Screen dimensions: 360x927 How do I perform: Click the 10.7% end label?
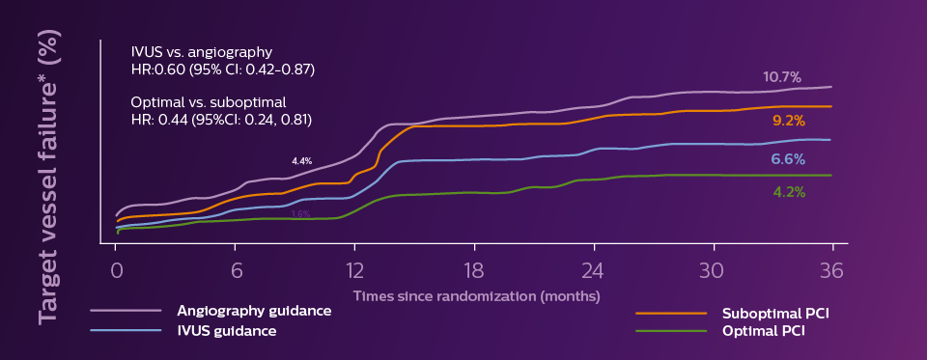point(781,77)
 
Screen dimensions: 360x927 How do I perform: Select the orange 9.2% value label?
point(789,122)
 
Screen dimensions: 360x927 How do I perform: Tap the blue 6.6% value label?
point(788,159)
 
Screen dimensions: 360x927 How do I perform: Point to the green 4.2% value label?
point(789,192)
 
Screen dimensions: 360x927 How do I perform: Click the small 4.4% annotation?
point(301,161)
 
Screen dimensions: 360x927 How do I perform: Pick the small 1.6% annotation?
point(300,213)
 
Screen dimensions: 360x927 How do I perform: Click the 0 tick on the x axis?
point(115,270)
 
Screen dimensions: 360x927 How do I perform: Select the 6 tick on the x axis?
point(235,270)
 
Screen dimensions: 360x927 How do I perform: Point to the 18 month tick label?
point(473,270)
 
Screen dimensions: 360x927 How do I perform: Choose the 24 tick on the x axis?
point(593,270)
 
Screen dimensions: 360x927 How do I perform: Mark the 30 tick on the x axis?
point(712,270)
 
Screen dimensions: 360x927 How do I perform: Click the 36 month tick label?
point(831,270)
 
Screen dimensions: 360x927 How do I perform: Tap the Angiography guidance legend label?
point(254,311)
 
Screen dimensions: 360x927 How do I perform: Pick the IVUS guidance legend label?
point(226,331)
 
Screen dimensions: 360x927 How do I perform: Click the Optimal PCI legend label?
point(763,331)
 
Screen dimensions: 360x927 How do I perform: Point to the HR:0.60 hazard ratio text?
point(223,70)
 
